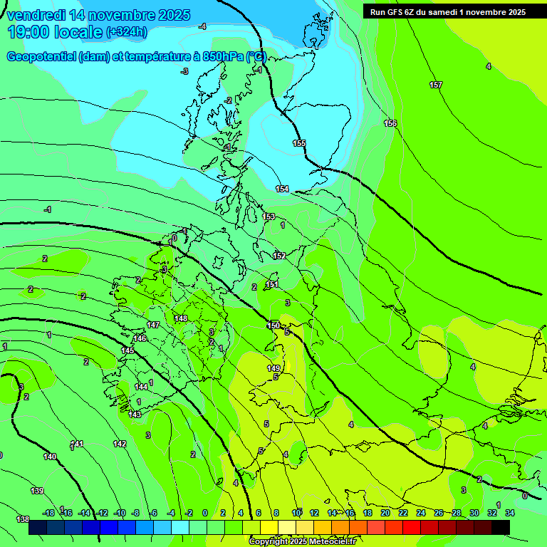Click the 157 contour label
point(436,85)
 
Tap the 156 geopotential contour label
point(390,124)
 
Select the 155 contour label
point(299,144)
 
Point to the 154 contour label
point(283,189)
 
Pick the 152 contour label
point(279,256)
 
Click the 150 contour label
point(273,325)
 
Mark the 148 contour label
point(181,318)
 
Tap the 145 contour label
point(127,351)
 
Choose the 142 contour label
point(120,444)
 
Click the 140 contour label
point(50,457)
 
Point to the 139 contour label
point(37,491)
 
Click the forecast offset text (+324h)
point(127,32)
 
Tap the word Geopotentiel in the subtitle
point(41,57)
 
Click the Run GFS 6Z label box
point(447,11)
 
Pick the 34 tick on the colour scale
point(510,513)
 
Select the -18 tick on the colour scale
point(49,513)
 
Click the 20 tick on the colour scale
point(385,513)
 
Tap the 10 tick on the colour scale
point(296,513)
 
